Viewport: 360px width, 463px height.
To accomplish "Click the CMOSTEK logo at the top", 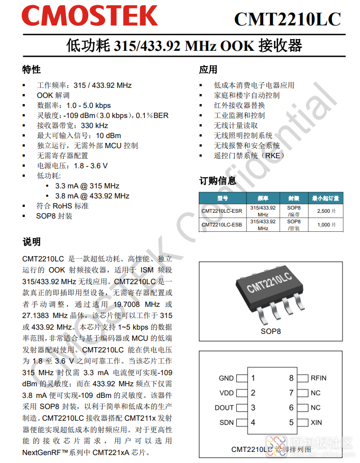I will [x=90, y=16].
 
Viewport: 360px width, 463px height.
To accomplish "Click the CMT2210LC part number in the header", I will [x=287, y=19].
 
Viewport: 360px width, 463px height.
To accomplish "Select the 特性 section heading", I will [x=31, y=70].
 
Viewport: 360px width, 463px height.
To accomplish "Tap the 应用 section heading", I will [x=208, y=70].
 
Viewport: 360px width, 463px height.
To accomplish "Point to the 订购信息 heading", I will [x=217, y=180].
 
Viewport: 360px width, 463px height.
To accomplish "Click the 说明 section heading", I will [x=31, y=242].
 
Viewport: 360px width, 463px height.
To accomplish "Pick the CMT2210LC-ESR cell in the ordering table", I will [x=222, y=211].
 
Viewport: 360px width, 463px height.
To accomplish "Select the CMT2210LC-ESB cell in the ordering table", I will [x=222, y=225].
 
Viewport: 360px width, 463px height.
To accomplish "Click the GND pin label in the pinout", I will [x=226, y=378].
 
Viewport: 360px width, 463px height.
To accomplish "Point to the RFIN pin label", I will [x=319, y=378].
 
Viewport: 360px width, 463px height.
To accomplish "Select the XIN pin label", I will [x=316, y=423].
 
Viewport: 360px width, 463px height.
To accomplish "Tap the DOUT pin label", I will [x=224, y=408].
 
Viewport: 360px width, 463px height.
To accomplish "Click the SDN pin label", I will [x=226, y=423].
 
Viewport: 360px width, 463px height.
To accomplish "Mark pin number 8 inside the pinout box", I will [x=291, y=378].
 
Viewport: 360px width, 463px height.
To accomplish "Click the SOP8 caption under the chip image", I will [x=271, y=332].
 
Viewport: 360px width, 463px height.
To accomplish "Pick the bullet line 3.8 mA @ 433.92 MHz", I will [x=93, y=196].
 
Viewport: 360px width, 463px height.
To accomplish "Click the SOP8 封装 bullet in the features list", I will [x=54, y=216].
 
